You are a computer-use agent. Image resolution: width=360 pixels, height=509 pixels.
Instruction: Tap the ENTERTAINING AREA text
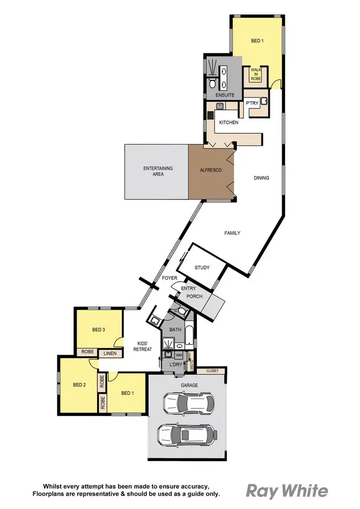coord(158,171)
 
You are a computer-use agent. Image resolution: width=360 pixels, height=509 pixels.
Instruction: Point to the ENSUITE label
coord(225,95)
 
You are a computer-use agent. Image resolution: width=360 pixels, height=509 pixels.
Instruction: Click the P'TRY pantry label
coord(252,103)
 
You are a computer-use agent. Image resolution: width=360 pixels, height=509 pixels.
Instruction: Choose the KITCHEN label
coord(228,123)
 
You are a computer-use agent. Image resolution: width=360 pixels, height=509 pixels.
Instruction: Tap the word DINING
coord(261,178)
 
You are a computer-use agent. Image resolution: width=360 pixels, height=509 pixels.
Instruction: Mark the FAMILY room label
coord(232,233)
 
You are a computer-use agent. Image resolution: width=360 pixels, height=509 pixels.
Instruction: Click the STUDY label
coord(202,268)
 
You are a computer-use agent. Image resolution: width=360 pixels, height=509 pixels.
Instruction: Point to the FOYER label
coord(169,278)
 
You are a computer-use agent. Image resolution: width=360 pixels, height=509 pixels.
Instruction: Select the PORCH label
coord(194,296)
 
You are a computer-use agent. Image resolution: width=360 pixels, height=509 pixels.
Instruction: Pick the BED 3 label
coord(98,330)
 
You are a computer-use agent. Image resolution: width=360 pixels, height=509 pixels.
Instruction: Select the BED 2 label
coord(79,385)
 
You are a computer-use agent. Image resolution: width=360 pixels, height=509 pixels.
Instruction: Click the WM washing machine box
coord(179,355)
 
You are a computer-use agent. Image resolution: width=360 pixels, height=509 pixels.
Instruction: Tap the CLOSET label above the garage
coord(212,371)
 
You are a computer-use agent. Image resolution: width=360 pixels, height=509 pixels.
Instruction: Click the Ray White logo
coord(287,491)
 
